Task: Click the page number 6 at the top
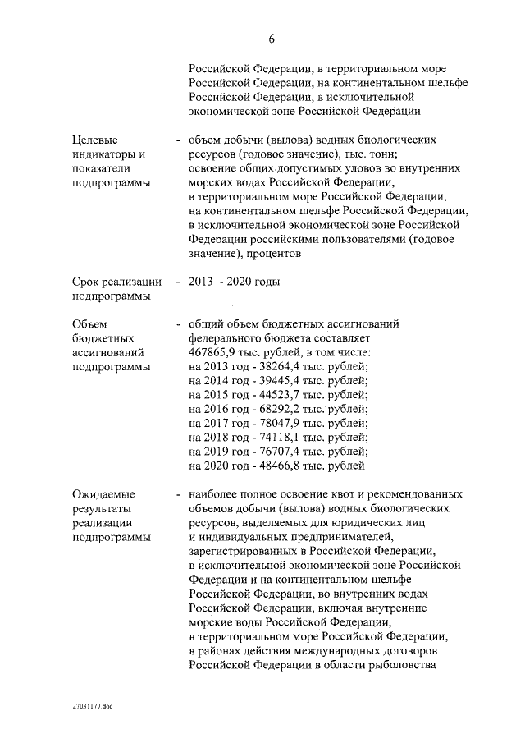[x=271, y=39]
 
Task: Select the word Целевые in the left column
[x=94, y=140]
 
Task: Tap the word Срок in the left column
[x=88, y=282]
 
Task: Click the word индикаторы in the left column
[x=104, y=154]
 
